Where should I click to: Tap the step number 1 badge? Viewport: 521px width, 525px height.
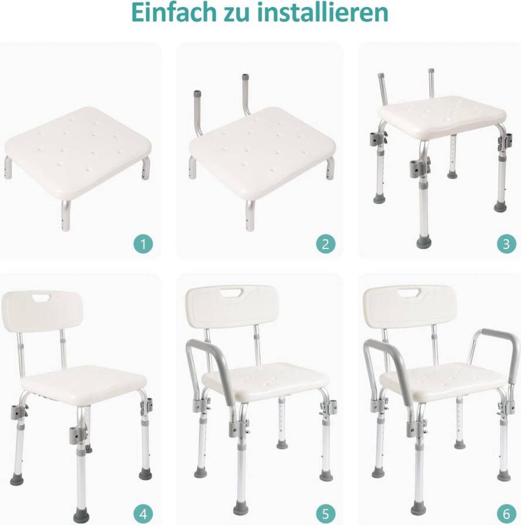(142, 244)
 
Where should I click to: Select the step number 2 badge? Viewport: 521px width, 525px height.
(326, 244)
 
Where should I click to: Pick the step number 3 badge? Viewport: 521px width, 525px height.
(506, 244)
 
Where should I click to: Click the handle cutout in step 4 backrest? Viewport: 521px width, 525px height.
(42, 299)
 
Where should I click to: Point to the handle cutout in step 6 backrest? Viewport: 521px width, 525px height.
(408, 292)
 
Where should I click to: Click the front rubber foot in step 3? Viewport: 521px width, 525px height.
(424, 241)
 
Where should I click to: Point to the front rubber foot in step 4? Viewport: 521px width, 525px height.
(81, 516)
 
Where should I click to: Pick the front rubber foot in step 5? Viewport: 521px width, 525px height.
(241, 507)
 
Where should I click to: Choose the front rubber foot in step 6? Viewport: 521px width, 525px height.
(418, 507)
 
